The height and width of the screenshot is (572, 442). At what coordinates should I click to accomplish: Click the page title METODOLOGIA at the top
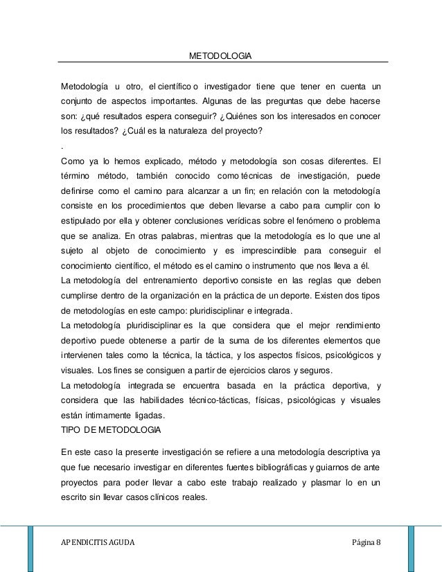coord(220,55)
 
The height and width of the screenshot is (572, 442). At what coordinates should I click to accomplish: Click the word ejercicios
coord(256,370)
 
